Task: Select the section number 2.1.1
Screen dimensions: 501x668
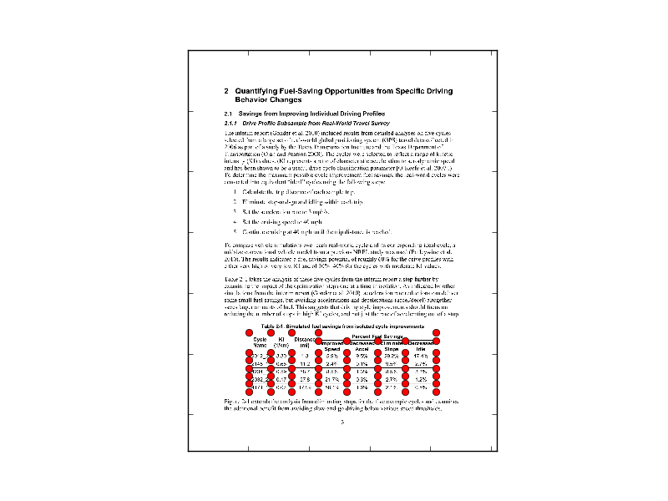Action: tap(233, 122)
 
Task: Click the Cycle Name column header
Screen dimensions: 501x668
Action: tap(260, 343)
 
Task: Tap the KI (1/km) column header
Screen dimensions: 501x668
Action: tap(282, 343)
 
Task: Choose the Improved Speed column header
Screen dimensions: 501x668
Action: tap(332, 346)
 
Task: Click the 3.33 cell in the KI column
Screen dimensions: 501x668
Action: tap(282, 356)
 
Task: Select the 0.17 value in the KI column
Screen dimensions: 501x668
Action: tap(282, 378)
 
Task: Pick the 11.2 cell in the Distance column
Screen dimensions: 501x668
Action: tap(305, 364)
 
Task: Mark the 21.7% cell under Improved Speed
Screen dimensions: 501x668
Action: tap(332, 378)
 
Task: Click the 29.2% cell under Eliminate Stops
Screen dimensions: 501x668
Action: tap(390, 356)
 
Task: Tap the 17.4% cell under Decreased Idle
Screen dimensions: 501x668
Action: tap(420, 356)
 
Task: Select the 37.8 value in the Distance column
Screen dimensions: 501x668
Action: tap(305, 378)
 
